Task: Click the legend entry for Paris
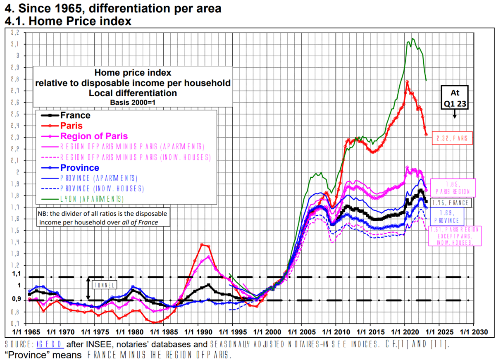(x=72, y=126)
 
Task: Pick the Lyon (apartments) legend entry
(x=92, y=199)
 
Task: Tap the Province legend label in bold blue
(x=80, y=168)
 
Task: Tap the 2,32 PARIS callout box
(x=452, y=138)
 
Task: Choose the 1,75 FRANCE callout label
(x=450, y=203)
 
